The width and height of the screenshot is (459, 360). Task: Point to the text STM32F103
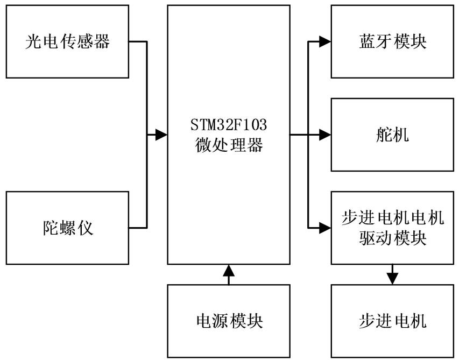point(229,127)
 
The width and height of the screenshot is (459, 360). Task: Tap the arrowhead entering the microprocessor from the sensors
point(161,135)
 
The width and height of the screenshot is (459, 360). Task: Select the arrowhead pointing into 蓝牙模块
point(324,41)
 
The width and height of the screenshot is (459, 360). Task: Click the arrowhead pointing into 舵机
point(324,135)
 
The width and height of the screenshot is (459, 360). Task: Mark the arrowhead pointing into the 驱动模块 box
point(324,228)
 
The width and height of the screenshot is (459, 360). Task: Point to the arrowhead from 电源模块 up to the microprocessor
point(229,271)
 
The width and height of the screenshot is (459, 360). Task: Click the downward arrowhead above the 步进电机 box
point(392,278)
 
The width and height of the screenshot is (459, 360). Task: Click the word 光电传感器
point(67,41)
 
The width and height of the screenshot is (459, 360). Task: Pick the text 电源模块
point(229,321)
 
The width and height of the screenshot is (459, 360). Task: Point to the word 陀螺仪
point(67,228)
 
